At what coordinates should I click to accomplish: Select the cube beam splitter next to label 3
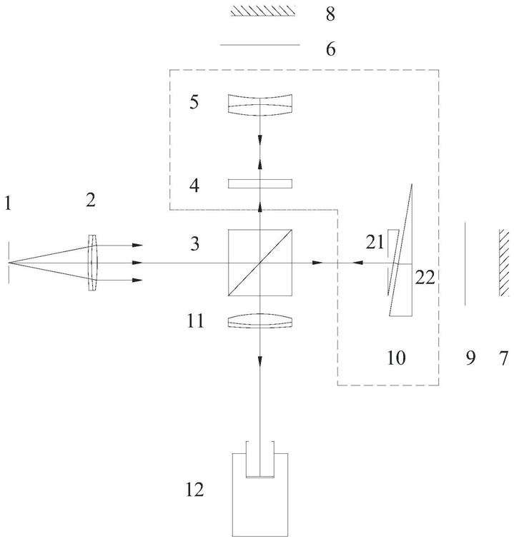260,263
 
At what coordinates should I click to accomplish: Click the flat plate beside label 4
260,183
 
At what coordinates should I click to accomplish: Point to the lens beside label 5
260,104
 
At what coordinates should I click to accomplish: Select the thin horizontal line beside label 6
260,45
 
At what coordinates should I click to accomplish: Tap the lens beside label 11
260,323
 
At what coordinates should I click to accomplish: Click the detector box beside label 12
260,492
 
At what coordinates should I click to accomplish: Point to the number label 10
395,358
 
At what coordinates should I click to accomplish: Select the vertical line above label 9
465,263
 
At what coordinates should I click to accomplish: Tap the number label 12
194,489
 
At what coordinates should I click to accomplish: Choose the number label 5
194,102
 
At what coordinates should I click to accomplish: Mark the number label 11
197,323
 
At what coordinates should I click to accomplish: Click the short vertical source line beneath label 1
9,263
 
